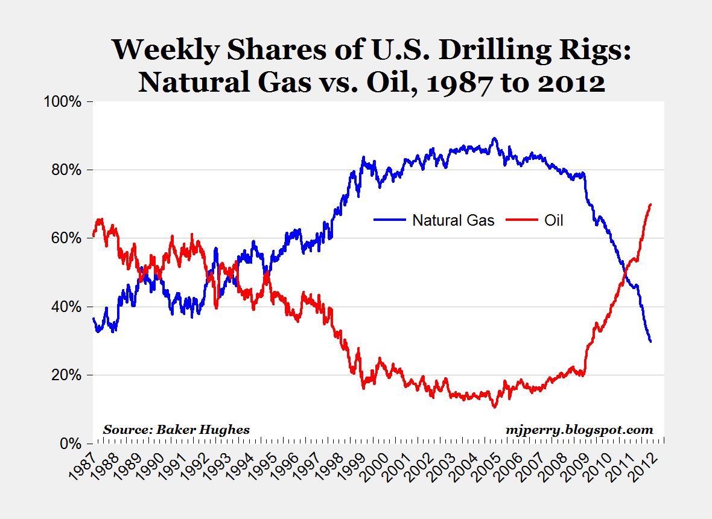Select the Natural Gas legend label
(x=453, y=220)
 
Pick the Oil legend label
(x=553, y=220)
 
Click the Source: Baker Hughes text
(x=176, y=430)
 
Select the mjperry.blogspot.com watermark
(x=579, y=430)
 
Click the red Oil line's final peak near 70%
(x=650, y=205)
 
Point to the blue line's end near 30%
(x=650, y=342)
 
